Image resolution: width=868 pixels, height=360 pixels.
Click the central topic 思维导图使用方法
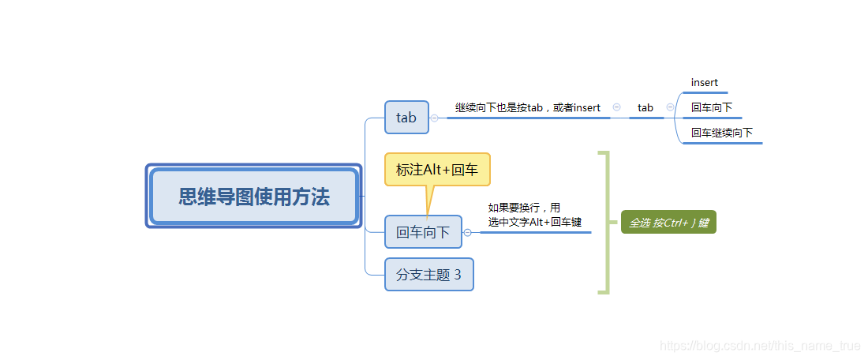[x=253, y=197]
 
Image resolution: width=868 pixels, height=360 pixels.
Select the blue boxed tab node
[x=406, y=117]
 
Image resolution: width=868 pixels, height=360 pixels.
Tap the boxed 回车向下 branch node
[x=422, y=232]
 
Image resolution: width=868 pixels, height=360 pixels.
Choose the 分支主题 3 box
[x=428, y=275]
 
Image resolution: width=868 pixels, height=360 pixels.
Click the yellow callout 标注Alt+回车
[x=436, y=170]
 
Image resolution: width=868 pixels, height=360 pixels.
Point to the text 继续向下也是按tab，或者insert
[x=527, y=107]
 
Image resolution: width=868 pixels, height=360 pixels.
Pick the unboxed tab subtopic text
[x=645, y=107]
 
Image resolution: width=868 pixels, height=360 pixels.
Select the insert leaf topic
[x=704, y=83]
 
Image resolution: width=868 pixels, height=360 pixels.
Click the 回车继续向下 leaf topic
[x=721, y=133]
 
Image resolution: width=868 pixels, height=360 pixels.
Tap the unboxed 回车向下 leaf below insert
[x=711, y=107]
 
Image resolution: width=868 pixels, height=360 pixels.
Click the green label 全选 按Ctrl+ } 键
[x=668, y=223]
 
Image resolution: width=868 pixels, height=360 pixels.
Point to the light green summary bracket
[x=605, y=223]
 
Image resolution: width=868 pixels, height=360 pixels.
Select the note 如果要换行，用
[x=524, y=208]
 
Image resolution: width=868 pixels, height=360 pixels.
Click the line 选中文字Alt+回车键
[x=534, y=222]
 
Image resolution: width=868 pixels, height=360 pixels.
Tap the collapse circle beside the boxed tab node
[x=434, y=118]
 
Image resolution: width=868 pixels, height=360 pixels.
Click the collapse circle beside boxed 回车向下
[x=467, y=233]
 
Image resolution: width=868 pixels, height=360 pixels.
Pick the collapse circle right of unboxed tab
[x=670, y=107]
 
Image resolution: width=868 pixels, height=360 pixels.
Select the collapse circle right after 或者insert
[x=616, y=107]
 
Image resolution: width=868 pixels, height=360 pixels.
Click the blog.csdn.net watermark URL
[x=759, y=346]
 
